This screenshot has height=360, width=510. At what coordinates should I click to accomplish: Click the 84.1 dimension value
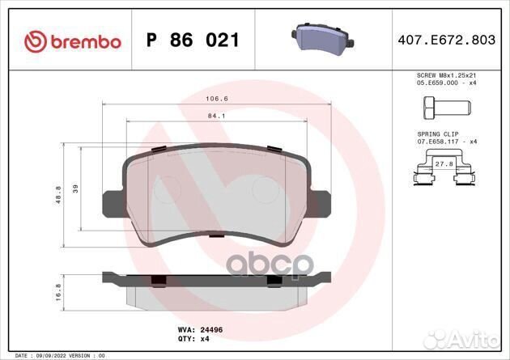pos(215,115)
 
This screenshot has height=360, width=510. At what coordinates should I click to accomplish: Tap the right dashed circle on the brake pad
pos(265,190)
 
